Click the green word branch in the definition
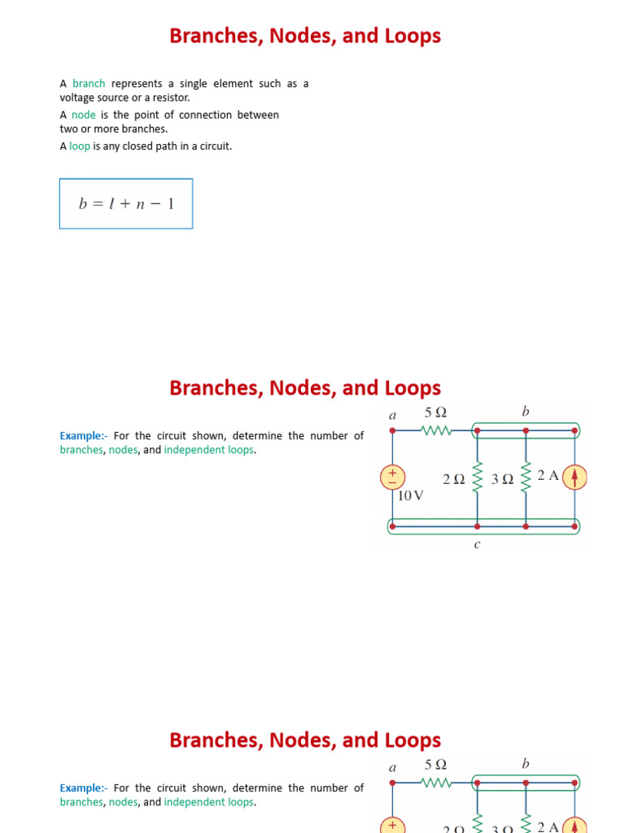89,84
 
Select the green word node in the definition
84,115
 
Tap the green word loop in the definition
80,146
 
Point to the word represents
137,84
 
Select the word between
258,115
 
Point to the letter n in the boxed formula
140,204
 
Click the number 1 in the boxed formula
171,203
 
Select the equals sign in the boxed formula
98,204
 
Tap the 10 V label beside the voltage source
411,495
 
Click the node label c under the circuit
477,544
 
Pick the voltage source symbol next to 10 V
392,477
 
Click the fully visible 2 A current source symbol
575,477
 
